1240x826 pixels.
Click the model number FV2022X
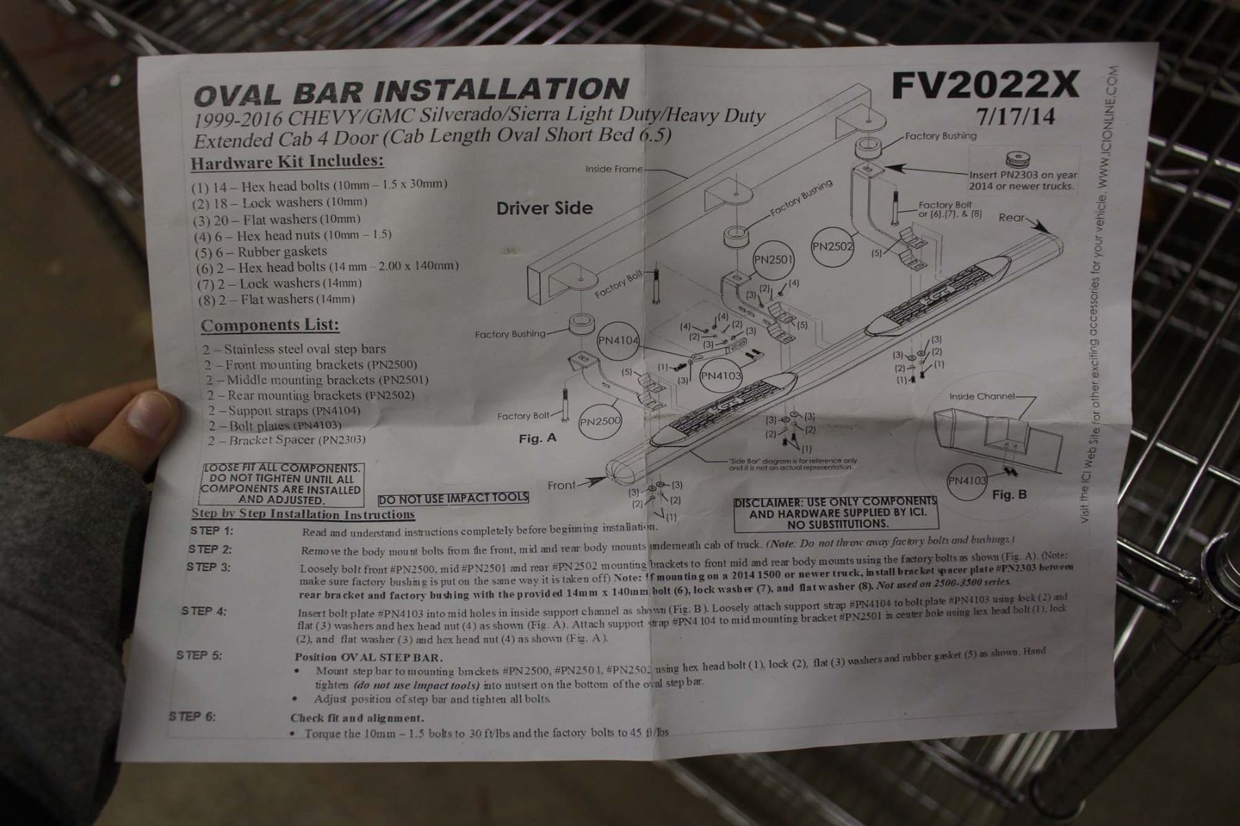tap(984, 85)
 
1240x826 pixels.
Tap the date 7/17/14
tap(1015, 116)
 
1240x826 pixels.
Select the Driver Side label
tap(544, 208)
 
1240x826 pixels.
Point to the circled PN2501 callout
tap(774, 260)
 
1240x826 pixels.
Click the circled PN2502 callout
tap(832, 247)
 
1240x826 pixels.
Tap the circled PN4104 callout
tap(618, 340)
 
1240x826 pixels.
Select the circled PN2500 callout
tap(600, 421)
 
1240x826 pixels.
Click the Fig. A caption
tap(537, 438)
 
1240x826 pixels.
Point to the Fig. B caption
tap(1009, 495)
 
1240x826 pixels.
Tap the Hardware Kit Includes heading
tap(287, 163)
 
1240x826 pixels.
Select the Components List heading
tap(270, 325)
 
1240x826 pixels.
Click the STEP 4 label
tap(204, 611)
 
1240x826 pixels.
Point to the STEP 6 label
tap(192, 716)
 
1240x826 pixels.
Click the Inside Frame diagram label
tap(613, 169)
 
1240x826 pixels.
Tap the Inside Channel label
tap(982, 396)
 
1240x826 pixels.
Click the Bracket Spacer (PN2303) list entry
tap(286, 440)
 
